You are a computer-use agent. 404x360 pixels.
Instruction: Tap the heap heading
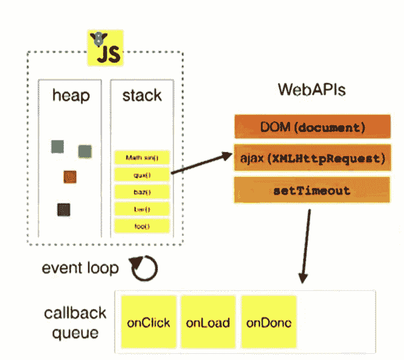click(x=71, y=95)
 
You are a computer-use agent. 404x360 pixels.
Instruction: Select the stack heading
click(x=142, y=95)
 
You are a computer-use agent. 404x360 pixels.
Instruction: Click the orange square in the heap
click(x=70, y=177)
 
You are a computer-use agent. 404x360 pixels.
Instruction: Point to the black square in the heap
click(x=63, y=209)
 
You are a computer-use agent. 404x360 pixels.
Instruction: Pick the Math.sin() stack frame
click(x=142, y=158)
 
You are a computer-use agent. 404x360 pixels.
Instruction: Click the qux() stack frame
click(x=142, y=175)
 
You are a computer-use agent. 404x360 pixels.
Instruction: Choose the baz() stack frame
click(x=142, y=192)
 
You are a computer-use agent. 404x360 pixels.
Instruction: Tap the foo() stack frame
click(x=142, y=226)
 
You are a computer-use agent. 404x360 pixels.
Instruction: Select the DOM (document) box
click(x=312, y=127)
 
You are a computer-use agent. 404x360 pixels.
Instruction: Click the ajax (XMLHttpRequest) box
click(x=312, y=159)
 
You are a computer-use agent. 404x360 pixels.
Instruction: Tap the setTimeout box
click(x=312, y=190)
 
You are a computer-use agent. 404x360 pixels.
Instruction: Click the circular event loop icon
click(x=144, y=268)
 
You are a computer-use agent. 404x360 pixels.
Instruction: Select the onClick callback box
click(x=148, y=323)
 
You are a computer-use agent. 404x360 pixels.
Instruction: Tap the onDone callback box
click(x=269, y=323)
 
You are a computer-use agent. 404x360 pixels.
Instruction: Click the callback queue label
click(x=71, y=323)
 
